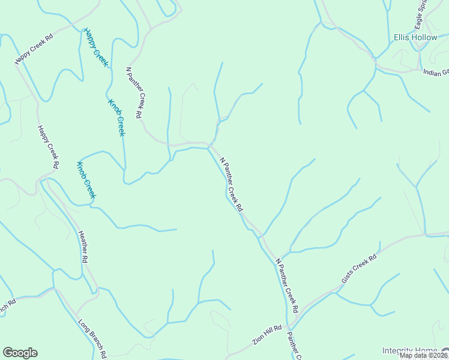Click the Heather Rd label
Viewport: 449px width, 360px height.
(83, 246)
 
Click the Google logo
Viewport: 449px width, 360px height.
(20, 353)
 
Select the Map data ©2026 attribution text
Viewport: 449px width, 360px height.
(423, 355)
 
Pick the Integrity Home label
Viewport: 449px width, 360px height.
(410, 350)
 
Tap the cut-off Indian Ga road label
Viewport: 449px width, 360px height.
(436, 73)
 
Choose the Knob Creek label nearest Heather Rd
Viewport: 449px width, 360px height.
(86, 180)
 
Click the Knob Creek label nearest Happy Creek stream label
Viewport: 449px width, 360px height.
(116, 118)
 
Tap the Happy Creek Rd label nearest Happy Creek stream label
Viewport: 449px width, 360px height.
(34, 49)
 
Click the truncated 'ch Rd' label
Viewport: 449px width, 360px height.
(7, 307)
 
